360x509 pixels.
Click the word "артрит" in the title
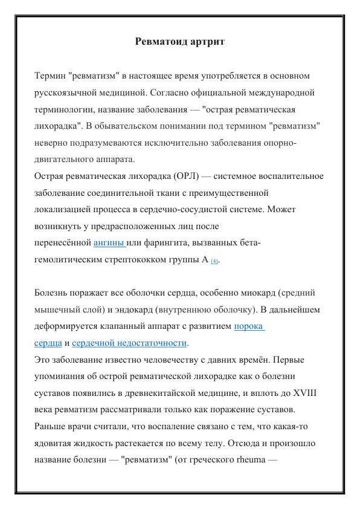[207, 42]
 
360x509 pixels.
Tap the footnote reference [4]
[214, 261]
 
